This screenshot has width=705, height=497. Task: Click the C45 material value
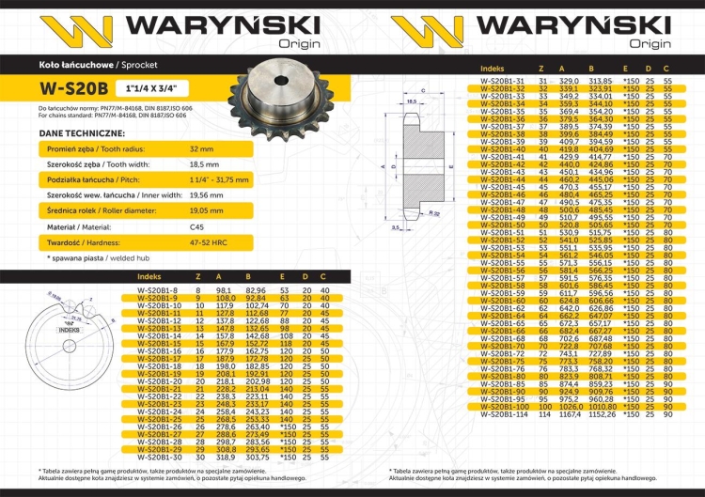(x=196, y=225)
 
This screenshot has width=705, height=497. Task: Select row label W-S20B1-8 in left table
(x=157, y=291)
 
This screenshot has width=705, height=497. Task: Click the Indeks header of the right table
(x=492, y=70)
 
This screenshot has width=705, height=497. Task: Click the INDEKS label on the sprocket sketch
(x=69, y=332)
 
